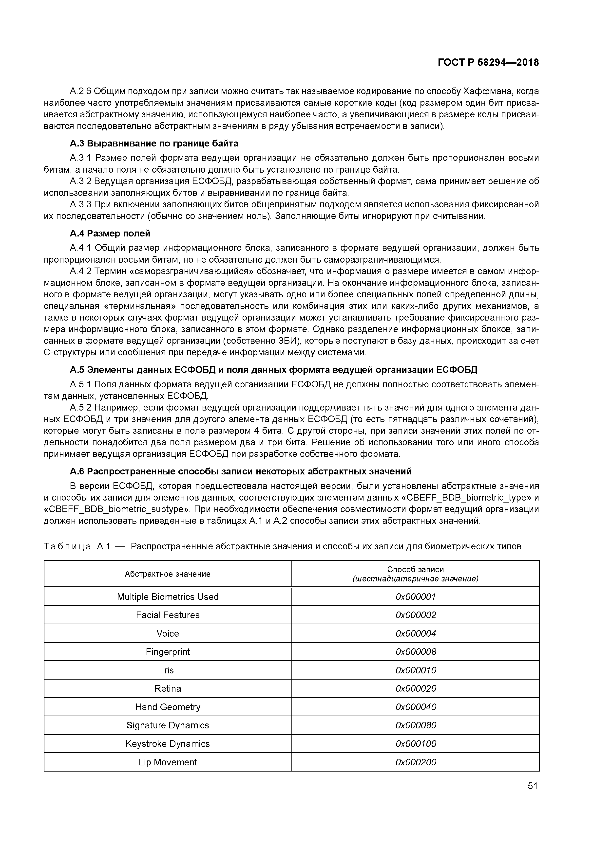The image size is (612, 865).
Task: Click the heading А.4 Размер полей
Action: tap(110, 233)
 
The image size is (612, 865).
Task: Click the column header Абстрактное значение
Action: tap(167, 574)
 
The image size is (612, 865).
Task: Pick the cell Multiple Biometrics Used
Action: tap(167, 597)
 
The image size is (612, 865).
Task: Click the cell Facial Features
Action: tap(167, 615)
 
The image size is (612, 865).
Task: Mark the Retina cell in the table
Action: tap(167, 689)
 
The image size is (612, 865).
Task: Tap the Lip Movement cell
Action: tap(167, 762)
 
